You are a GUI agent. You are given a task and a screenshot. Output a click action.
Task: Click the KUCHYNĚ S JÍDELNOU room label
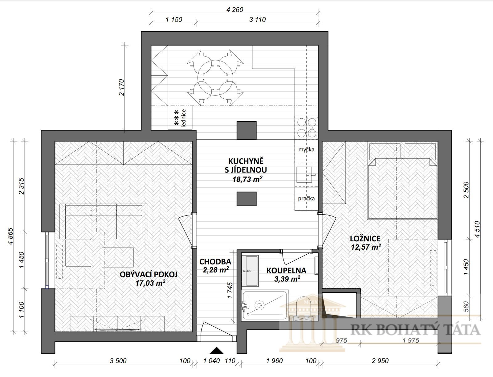(246, 165)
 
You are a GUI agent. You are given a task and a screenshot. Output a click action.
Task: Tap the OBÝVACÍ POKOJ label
(149, 274)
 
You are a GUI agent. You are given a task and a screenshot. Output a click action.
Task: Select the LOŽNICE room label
(365, 239)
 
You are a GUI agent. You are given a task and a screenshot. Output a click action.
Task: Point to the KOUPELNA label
(286, 271)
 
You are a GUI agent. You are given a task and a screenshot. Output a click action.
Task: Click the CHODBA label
(215, 262)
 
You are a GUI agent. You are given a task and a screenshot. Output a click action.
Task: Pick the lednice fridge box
(180, 118)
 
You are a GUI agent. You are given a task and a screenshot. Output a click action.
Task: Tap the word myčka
(306, 150)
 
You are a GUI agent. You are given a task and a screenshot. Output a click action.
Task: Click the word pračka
(306, 199)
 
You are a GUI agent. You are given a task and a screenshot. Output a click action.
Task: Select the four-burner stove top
(307, 128)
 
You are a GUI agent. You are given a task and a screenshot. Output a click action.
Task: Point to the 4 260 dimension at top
(235, 10)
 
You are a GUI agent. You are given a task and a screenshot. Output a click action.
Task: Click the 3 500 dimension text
(118, 361)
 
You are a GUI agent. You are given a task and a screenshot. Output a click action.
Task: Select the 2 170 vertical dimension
(122, 87)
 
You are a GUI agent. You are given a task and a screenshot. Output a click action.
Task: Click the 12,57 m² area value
(366, 247)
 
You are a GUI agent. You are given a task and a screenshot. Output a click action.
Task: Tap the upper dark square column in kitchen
(246, 130)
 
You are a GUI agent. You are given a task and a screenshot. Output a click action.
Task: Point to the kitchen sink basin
(304, 175)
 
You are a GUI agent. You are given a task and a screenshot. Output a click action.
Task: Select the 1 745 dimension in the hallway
(230, 290)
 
